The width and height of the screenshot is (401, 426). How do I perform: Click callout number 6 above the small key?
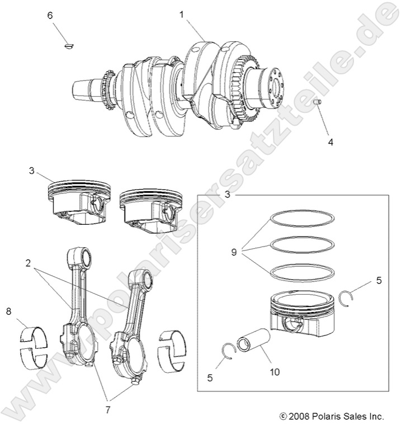(50, 16)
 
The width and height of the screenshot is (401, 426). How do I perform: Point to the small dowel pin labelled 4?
(317, 103)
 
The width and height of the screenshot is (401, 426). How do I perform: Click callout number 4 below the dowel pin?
(331, 142)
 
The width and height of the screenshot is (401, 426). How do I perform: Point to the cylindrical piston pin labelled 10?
(254, 342)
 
